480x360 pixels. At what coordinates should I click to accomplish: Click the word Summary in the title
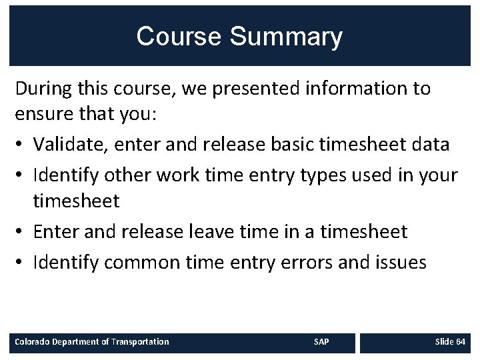[x=286, y=37]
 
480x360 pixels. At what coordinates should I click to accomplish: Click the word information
[x=351, y=88]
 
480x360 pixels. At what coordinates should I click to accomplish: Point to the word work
[x=178, y=175]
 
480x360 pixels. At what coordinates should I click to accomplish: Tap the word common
[x=141, y=262]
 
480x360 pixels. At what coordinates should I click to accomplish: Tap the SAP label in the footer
[x=321, y=342]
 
